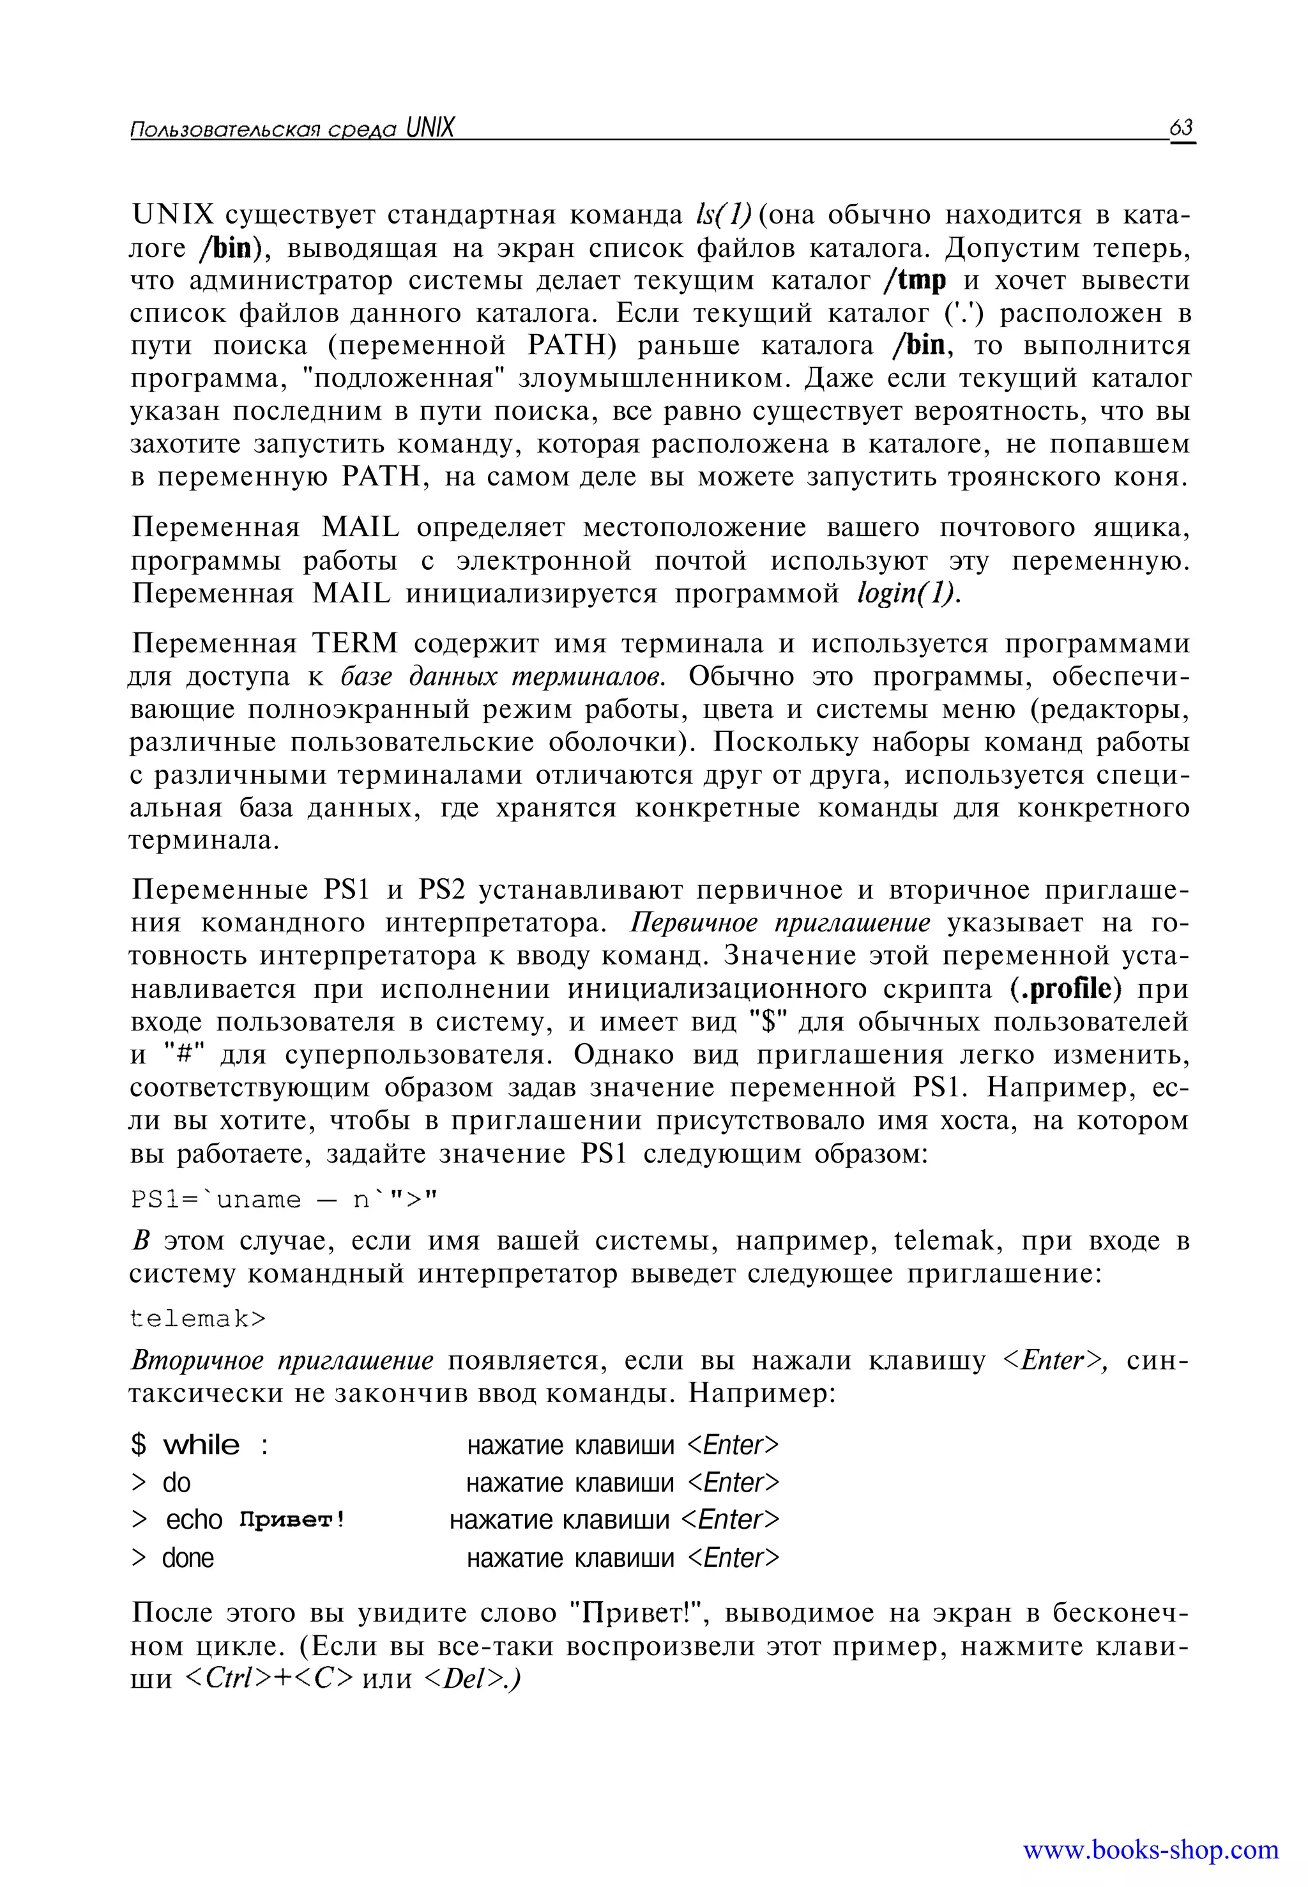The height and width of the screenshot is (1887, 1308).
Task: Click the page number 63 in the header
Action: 1181,128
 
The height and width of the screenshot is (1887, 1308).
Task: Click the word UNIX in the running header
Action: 429,128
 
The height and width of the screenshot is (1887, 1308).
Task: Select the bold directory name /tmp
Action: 915,280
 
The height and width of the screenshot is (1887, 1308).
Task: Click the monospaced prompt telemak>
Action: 199,1319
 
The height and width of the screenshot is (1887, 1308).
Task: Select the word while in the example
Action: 202,1445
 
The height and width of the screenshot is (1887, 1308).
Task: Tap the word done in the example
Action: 188,1558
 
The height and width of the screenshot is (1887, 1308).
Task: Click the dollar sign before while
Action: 139,1445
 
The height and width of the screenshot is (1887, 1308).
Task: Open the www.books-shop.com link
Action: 1150,1849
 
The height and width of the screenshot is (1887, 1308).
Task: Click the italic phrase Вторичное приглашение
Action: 282,1361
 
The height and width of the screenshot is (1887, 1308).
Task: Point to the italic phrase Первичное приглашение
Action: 780,923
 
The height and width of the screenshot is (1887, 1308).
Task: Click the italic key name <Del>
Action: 471,1679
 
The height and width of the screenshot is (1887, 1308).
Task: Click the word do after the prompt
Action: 176,1483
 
